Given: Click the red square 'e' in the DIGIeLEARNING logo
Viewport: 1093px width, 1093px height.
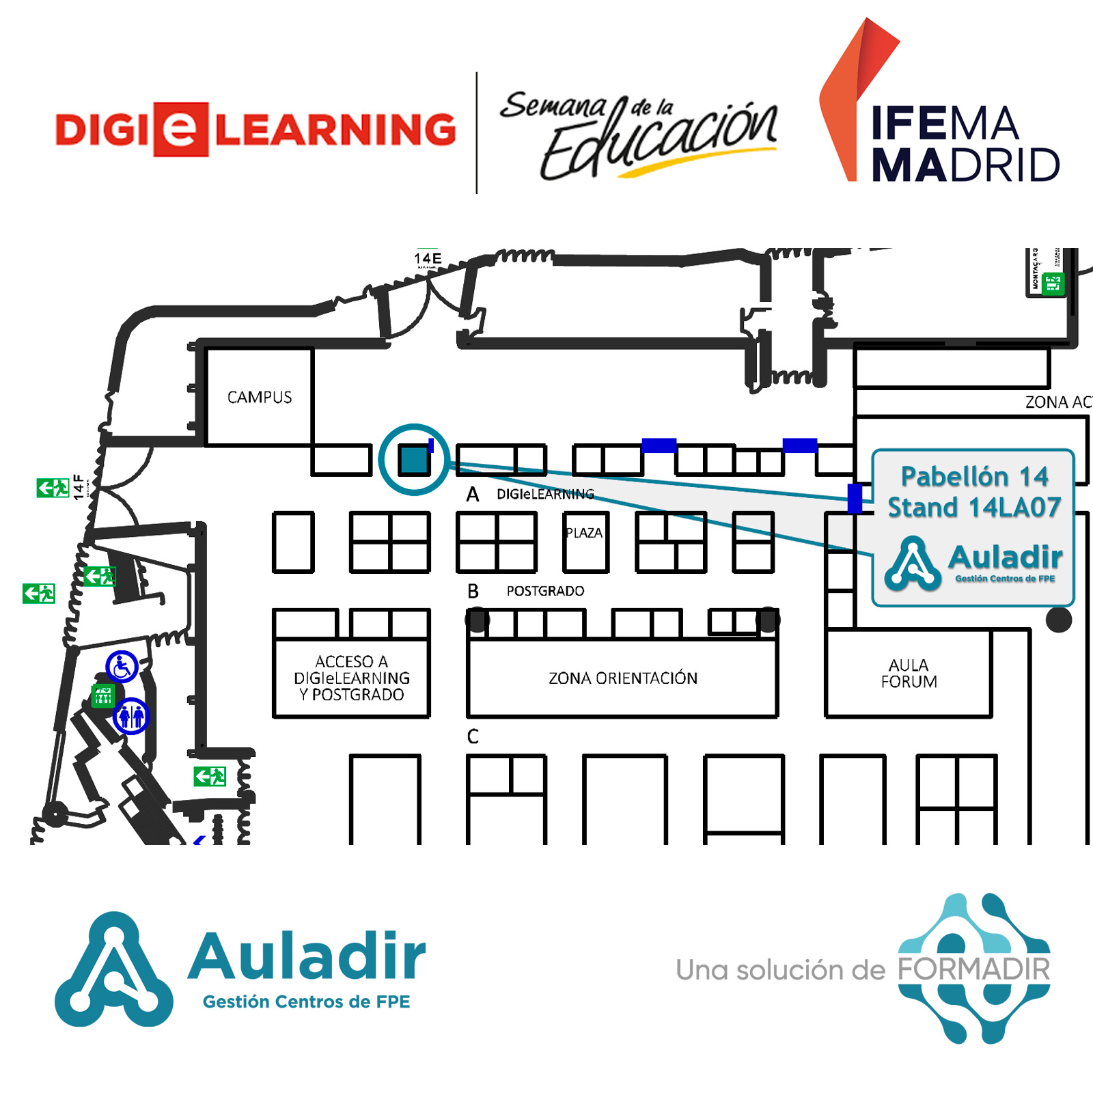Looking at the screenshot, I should click(180, 129).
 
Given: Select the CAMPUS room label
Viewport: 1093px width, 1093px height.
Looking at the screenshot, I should click(260, 398).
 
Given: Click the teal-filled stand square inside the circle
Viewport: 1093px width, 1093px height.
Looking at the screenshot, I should click(413, 460).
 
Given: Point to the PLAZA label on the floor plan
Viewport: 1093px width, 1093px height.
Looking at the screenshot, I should click(585, 533).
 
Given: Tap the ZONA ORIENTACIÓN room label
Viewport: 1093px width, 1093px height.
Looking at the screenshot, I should click(623, 678).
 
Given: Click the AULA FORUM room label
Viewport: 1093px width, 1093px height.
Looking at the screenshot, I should click(909, 674).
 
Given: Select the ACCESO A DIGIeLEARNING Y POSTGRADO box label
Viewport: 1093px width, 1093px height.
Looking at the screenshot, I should click(352, 678).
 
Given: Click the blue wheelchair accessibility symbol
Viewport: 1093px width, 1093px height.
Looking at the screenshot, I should click(122, 667).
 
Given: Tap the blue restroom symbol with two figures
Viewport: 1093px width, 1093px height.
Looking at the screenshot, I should click(130, 717).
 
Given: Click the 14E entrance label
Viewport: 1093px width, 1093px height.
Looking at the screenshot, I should click(428, 258).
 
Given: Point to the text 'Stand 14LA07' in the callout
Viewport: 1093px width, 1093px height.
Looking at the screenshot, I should click(974, 508).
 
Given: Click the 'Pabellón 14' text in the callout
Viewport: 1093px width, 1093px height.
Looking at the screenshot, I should click(974, 476).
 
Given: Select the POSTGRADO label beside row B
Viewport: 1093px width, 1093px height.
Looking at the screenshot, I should click(545, 591).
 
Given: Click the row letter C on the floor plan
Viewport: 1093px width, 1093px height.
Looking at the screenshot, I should click(473, 736).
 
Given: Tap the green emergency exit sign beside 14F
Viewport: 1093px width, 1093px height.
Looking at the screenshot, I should click(53, 488).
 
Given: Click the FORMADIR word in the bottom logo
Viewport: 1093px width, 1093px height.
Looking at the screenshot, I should click(973, 969).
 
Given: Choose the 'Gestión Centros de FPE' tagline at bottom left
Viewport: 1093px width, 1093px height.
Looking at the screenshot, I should click(306, 1002).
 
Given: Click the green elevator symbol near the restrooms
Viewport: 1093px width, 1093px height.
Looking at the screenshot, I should click(103, 695).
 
